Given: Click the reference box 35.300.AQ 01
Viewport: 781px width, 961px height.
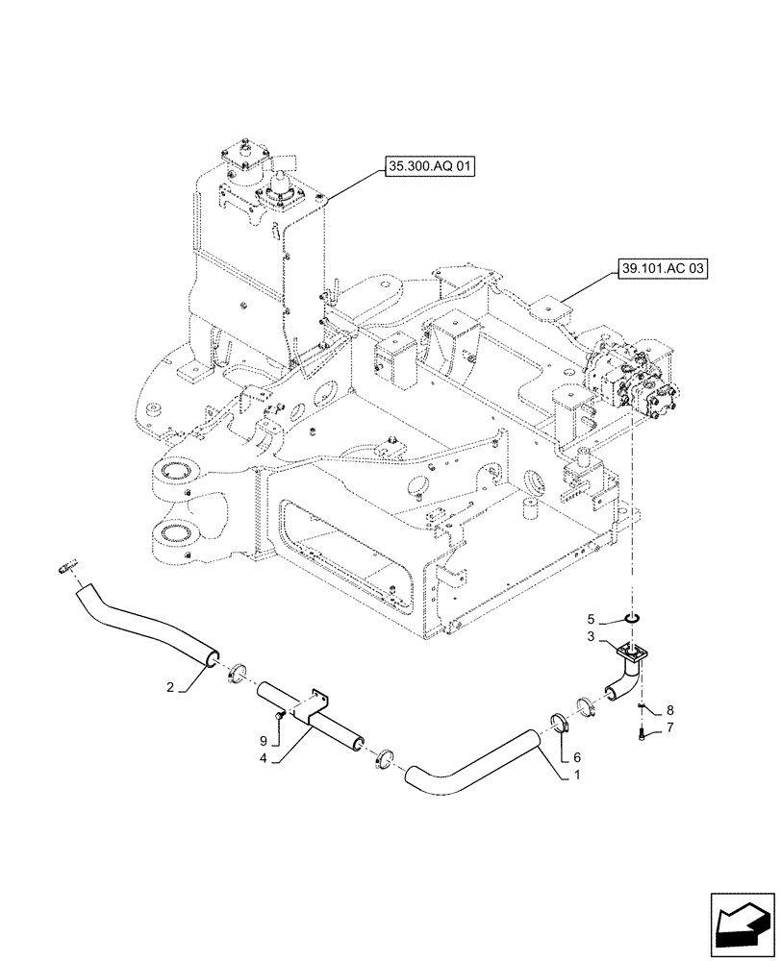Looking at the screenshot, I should click(x=430, y=167).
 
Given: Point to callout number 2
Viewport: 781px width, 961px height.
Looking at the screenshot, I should click(x=169, y=687).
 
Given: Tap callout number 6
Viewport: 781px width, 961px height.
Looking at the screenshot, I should click(x=577, y=757).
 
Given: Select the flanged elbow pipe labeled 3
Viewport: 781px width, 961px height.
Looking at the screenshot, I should click(x=623, y=673).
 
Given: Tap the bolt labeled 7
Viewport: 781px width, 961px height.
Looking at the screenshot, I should click(x=641, y=734).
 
